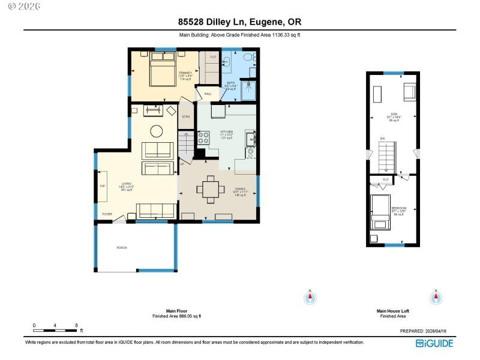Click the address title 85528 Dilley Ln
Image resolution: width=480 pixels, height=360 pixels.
click(x=239, y=22)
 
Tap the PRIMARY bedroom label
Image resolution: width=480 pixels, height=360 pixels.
click(x=185, y=73)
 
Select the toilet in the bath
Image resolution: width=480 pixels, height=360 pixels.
click(x=254, y=58)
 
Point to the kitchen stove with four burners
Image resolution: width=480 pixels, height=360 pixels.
click(x=203, y=139)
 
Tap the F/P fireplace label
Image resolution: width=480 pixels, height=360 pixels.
click(x=102, y=186)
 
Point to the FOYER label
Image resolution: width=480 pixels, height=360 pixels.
click(x=107, y=214)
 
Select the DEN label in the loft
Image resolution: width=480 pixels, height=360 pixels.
click(x=394, y=115)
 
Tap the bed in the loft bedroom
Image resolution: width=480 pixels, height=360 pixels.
click(x=380, y=212)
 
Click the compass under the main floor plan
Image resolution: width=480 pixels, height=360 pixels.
click(x=310, y=297)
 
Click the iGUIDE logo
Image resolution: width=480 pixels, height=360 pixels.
click(x=435, y=343)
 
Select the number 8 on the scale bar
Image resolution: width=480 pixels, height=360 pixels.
click(x=76, y=325)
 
